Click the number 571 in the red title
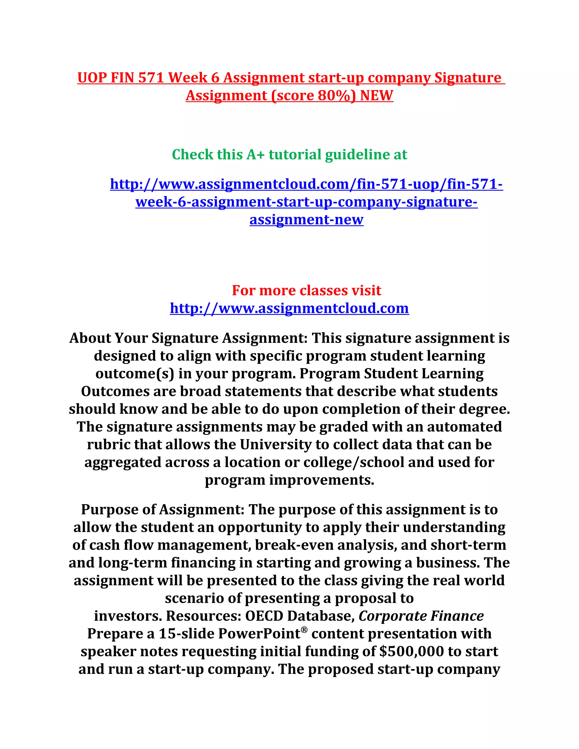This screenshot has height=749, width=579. click(151, 78)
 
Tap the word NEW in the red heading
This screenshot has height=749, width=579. click(376, 96)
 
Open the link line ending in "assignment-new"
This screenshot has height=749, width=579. click(306, 220)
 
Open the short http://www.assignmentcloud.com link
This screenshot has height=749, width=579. click(289, 308)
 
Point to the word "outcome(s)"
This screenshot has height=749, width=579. click(135, 374)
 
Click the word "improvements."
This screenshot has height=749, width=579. click(321, 480)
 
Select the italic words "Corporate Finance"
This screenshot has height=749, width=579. click(421, 616)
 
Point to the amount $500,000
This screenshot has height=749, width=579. click(412, 651)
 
